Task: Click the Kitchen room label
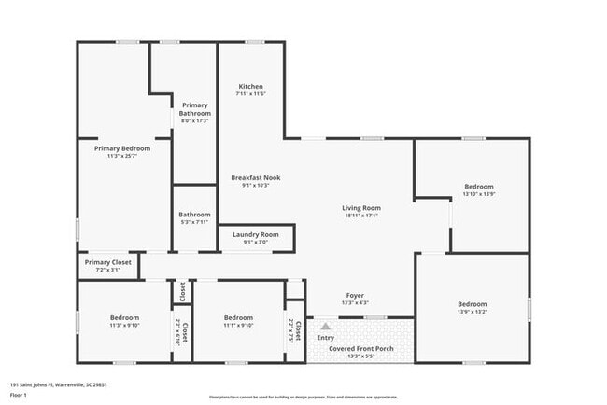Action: click(250, 86)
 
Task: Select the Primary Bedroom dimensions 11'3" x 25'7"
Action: click(121, 156)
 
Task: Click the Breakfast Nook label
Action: click(256, 177)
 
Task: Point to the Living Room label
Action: click(360, 207)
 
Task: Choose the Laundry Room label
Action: click(256, 234)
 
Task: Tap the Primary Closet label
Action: click(108, 262)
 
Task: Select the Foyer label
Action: click(355, 295)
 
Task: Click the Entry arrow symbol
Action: click(325, 327)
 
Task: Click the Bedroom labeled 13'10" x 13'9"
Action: click(478, 186)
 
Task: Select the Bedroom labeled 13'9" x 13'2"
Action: click(472, 304)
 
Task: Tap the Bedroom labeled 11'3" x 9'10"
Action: click(124, 317)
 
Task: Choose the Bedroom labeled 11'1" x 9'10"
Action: click(238, 317)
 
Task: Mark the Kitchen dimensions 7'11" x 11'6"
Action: click(250, 94)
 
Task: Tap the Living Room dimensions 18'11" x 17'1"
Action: click(360, 216)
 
